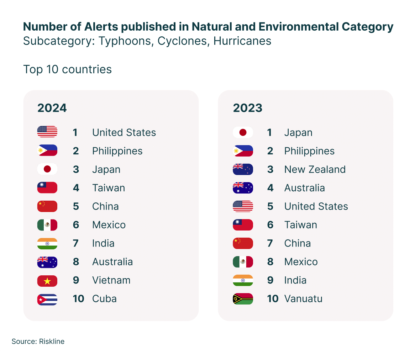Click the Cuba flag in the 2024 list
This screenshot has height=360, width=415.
(47, 299)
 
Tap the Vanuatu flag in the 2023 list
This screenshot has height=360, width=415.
(243, 299)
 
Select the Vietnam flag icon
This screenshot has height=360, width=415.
(47, 281)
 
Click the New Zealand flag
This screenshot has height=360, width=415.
(243, 169)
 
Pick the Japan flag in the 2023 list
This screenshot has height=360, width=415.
(243, 132)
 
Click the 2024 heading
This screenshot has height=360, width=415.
(52, 108)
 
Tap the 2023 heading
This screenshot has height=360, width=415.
(248, 108)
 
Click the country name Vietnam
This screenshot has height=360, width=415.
(111, 280)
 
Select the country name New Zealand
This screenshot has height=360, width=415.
(315, 169)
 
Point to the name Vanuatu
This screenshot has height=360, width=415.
(303, 299)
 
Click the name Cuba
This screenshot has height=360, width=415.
(104, 299)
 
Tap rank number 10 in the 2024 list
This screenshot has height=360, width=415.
(78, 299)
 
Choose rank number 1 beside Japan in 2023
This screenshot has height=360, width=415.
(270, 133)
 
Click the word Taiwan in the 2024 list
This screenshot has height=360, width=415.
(109, 188)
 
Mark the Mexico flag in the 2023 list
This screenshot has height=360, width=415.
(243, 262)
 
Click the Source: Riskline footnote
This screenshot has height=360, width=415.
(38, 342)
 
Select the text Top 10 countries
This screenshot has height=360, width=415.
(68, 69)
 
